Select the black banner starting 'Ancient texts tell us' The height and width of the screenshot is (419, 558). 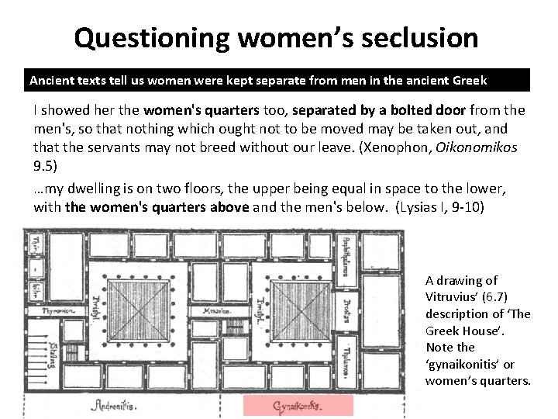[278, 80]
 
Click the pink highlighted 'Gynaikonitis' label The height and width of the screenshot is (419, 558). [298, 406]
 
